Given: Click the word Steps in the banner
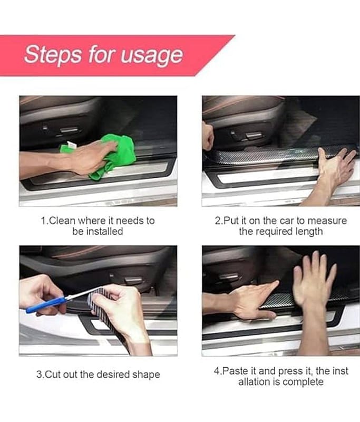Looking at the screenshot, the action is tap(53, 54).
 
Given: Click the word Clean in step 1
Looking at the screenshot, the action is tap(62, 220).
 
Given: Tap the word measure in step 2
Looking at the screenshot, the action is tap(327, 220).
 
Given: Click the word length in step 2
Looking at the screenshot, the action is tap(309, 232).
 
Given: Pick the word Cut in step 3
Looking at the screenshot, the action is tap(52, 375).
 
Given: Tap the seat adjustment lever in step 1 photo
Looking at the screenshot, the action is tap(69, 130).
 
